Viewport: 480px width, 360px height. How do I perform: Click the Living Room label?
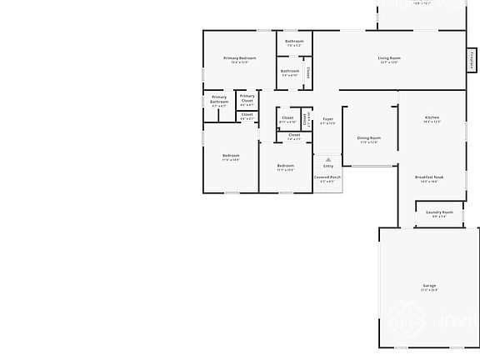click(x=389, y=57)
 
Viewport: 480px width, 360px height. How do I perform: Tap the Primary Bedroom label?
click(x=239, y=57)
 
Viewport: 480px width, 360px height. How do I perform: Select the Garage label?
click(x=429, y=286)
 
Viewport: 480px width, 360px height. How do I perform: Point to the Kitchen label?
click(x=432, y=117)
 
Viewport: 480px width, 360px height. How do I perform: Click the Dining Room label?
click(x=369, y=137)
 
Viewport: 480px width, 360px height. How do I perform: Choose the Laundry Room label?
click(x=439, y=212)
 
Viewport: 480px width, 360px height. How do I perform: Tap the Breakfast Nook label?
click(x=429, y=177)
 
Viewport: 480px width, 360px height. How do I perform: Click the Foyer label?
click(x=328, y=119)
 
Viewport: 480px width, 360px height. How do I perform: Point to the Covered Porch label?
click(x=327, y=177)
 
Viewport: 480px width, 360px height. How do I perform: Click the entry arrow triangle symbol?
click(x=328, y=159)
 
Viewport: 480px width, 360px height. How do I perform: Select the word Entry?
click(x=328, y=166)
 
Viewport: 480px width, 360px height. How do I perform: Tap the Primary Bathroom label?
click(x=219, y=99)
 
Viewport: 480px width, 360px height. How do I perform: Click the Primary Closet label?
click(x=247, y=99)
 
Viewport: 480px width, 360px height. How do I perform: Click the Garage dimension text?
click(x=429, y=290)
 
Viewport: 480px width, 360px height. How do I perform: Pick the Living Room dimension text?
click(x=389, y=62)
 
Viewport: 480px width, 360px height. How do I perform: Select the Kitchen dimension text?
click(x=432, y=122)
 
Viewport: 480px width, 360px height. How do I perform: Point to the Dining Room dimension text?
click(x=369, y=142)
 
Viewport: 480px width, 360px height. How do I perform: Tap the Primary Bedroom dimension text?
click(x=239, y=62)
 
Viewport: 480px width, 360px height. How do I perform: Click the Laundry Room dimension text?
click(x=439, y=217)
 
